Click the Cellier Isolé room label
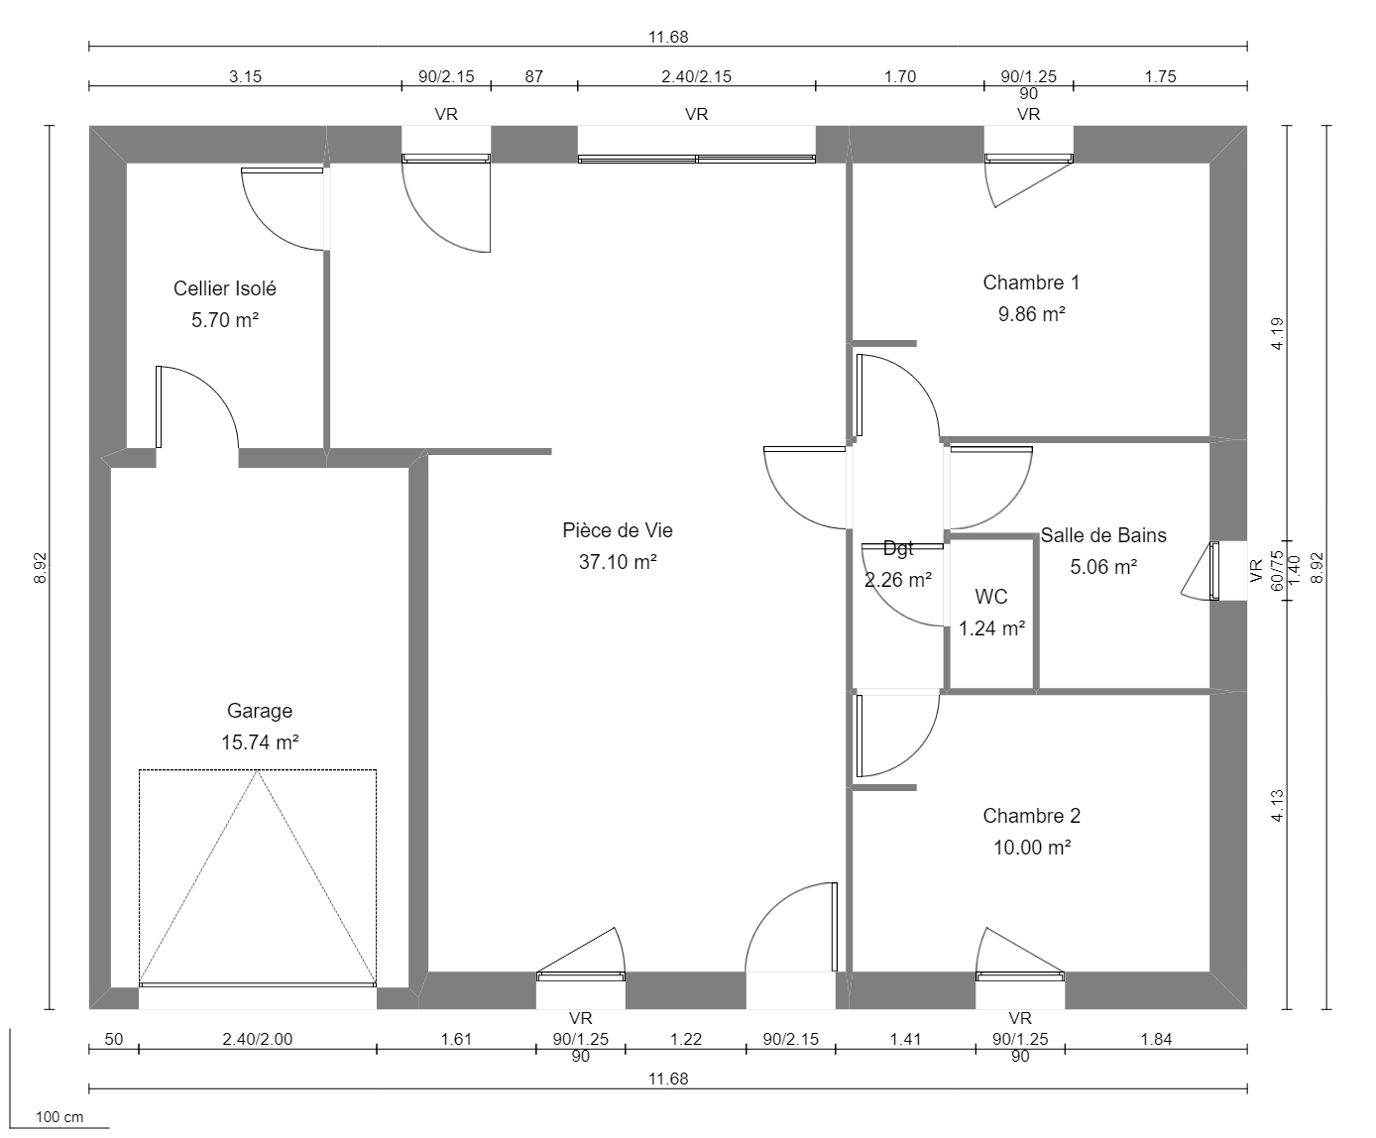point(224,288)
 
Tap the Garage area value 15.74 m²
point(260,742)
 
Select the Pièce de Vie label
point(618,530)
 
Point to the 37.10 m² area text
point(618,562)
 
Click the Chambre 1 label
point(1031,283)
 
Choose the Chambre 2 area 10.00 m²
point(1031,848)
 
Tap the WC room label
point(991,597)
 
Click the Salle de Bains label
point(1103,535)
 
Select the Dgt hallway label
point(898,548)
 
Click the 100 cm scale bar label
point(59,1117)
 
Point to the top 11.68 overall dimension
point(668,38)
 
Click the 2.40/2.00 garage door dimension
point(258,1040)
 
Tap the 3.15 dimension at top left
point(245,76)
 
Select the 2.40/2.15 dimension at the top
point(696,76)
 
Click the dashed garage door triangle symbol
point(258,876)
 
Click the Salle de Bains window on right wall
point(1214,571)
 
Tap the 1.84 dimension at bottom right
point(1156,1040)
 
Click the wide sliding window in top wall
point(697,158)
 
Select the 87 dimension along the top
point(533,76)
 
